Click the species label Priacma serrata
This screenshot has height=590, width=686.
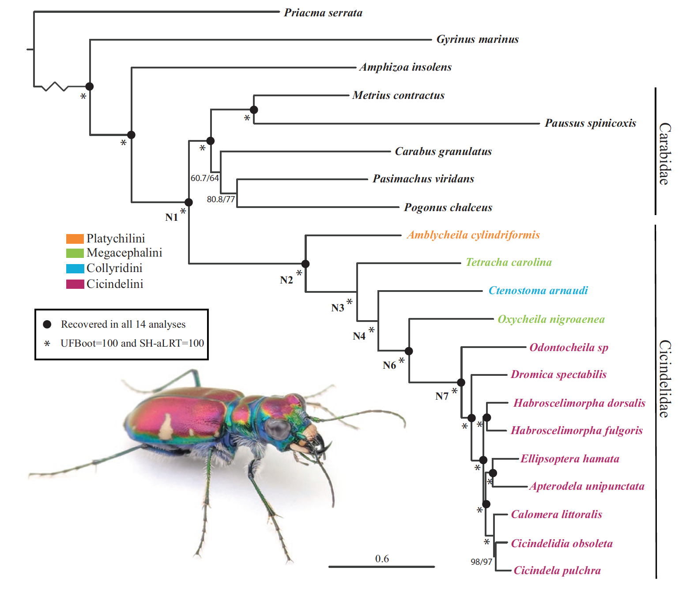pos(323,13)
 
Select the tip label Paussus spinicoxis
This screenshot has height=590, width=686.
pos(590,123)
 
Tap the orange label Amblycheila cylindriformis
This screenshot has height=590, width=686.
pos(473,235)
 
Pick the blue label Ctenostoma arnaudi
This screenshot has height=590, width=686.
pos(538,291)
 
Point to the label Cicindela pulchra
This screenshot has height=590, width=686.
pos(557,571)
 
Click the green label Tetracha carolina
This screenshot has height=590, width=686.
pos(509,262)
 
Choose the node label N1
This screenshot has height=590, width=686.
pos(171,217)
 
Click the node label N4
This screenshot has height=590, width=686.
pos(359,337)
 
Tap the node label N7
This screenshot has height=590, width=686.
pos(442,396)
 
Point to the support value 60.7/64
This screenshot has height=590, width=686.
pos(204,178)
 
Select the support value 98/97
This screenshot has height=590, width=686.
pos(481,562)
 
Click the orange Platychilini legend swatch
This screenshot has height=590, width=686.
pos(75,239)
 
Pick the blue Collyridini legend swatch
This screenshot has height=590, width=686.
pos(75,269)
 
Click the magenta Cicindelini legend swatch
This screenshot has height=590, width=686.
pos(75,284)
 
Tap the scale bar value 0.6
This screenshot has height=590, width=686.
pos(382,559)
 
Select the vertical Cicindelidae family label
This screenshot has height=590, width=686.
pos(664,378)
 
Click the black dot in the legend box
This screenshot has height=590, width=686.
pos(47,324)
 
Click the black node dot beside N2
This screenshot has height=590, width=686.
pos(305,264)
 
